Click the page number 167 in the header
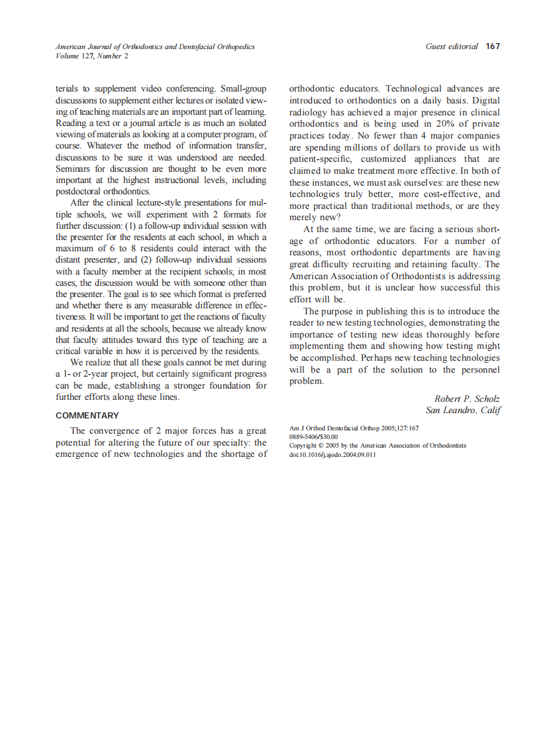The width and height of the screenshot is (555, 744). coord(492,46)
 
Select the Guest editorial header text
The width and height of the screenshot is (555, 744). coord(452,46)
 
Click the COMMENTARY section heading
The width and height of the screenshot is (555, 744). coord(87,416)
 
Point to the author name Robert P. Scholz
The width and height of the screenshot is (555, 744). coord(467,399)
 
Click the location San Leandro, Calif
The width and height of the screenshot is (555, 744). coord(463,410)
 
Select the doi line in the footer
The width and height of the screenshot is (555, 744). coord(332,454)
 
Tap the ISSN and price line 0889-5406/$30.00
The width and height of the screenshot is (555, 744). coord(314,437)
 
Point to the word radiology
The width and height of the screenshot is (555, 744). coord(310,113)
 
